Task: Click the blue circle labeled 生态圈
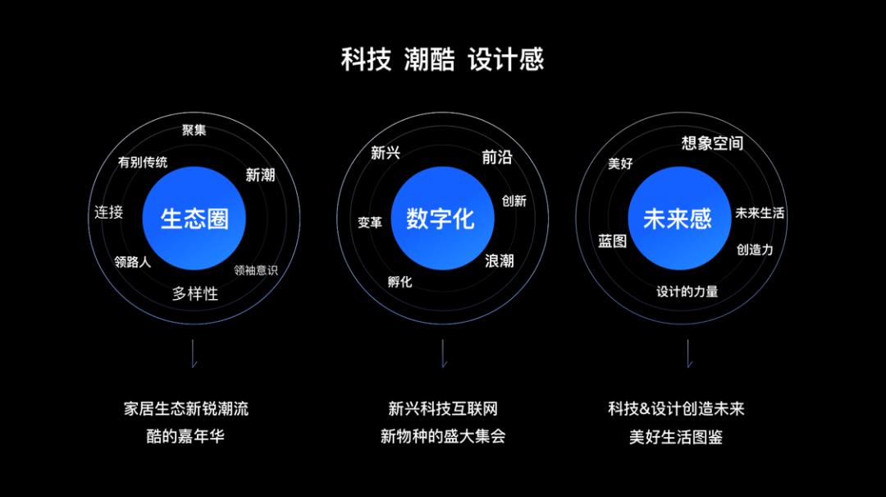pos(194,219)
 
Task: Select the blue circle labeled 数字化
pos(441,219)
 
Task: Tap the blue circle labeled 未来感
pos(678,219)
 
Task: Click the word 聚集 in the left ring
pos(194,130)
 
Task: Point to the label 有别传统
pos(143,163)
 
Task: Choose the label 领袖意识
pos(256,270)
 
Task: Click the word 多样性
pos(195,293)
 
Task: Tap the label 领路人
pos(133,262)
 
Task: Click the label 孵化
pos(400,282)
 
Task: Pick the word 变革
pos(370,223)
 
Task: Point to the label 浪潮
pos(500,260)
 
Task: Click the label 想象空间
pos(712,144)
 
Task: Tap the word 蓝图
pos(612,241)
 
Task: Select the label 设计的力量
pos(687,291)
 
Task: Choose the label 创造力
pos(755,249)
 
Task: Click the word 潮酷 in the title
pos(429,60)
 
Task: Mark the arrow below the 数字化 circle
pos(443,354)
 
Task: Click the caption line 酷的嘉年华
pos(185,436)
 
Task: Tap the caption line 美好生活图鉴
pos(676,436)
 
